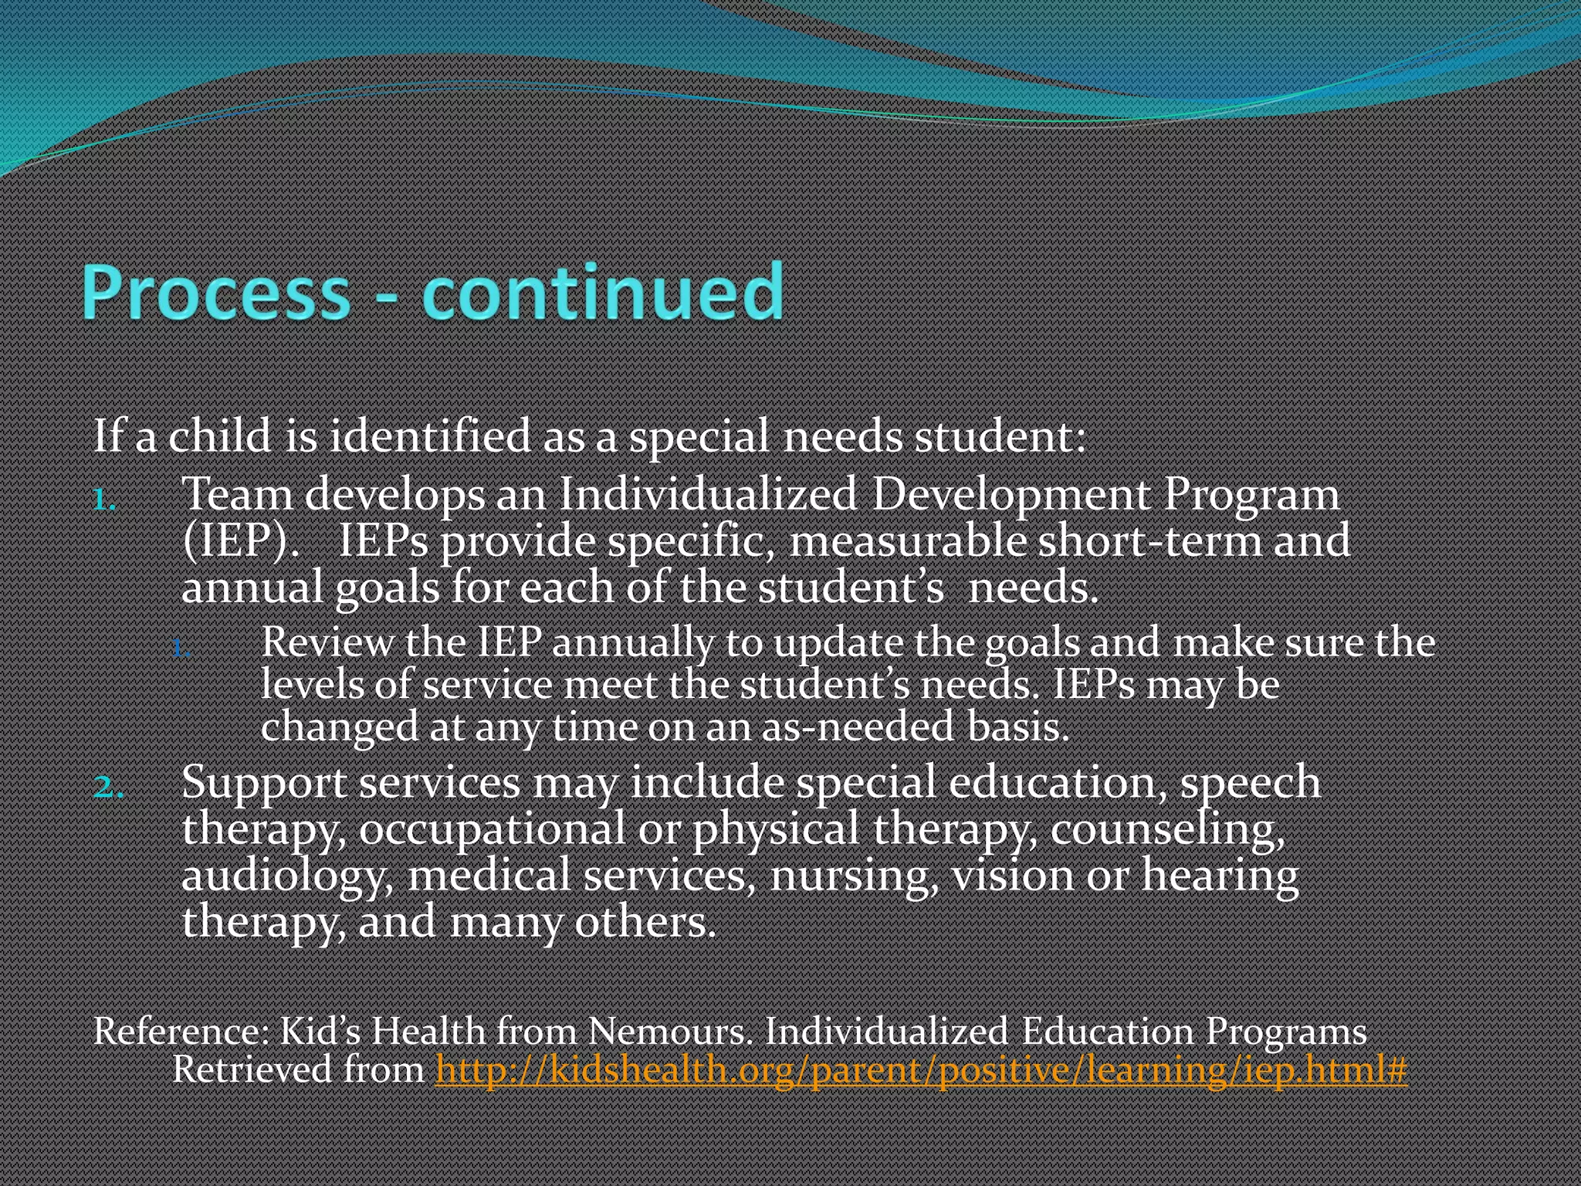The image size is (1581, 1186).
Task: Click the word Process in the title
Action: coord(216,293)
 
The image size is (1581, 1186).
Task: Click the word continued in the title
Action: coord(602,293)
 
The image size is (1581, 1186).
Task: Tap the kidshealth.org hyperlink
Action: coord(920,1070)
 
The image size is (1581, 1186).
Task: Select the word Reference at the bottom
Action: coord(176,1032)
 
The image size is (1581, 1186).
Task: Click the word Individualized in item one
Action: coord(707,494)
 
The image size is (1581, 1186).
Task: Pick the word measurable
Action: coord(908,540)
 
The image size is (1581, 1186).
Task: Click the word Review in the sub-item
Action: coord(327,642)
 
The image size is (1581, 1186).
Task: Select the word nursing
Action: coord(853,877)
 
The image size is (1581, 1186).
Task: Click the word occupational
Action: coord(491,831)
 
